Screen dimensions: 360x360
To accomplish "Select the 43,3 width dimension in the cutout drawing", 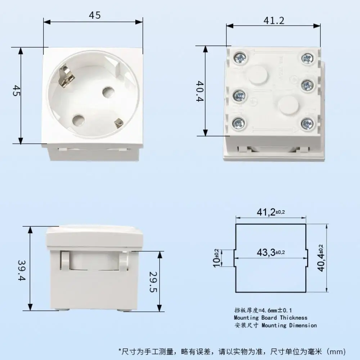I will [271, 253].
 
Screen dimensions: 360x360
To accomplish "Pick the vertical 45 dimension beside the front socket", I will [16, 91].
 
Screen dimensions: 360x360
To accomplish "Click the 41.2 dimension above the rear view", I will [274, 21].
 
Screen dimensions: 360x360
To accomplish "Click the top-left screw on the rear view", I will [239, 58].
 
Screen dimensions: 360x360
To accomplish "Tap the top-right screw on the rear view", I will [307, 58].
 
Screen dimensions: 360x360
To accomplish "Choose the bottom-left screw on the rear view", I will [239, 123].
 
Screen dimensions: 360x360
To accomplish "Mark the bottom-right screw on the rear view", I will [307, 124].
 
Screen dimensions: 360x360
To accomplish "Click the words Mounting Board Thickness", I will [271, 318].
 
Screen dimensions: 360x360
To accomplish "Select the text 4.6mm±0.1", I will [277, 310].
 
